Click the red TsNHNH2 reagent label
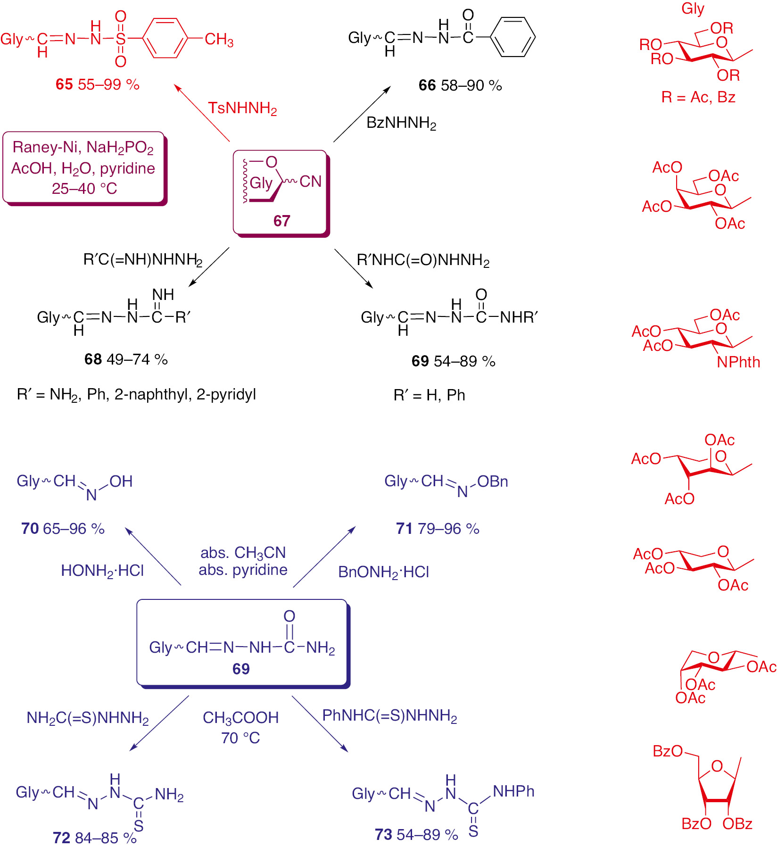click(242, 108)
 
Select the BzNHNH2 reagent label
click(401, 123)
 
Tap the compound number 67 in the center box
click(281, 221)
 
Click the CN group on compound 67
click(310, 182)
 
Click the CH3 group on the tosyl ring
click(219, 40)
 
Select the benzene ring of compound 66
click(513, 37)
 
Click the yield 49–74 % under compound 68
click(137, 359)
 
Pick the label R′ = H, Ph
click(429, 395)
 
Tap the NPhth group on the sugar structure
click(738, 362)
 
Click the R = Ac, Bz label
click(698, 97)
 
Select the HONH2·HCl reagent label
click(102, 571)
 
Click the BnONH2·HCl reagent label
click(384, 572)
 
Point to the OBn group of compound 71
click(493, 482)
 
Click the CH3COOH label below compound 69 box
click(240, 718)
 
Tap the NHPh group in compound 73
click(513, 791)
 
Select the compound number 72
click(61, 838)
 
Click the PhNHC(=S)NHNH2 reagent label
click(389, 716)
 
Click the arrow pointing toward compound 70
click(153, 556)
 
